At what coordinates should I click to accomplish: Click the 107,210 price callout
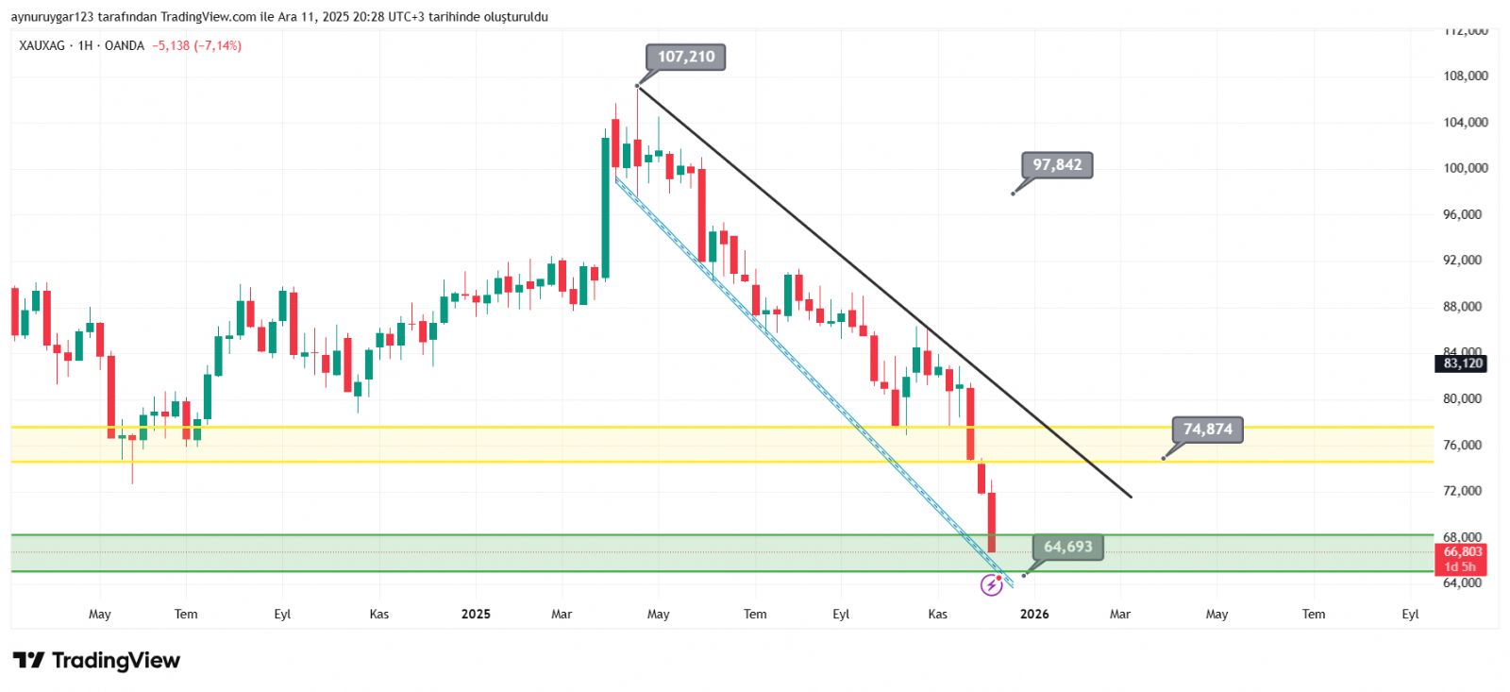coord(686,57)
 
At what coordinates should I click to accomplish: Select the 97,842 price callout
coord(1057,165)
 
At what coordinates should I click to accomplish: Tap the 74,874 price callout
coord(1208,430)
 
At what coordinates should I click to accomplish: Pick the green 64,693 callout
coord(1067,547)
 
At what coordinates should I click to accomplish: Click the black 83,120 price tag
coord(1462,363)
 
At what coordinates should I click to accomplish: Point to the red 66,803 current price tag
coord(1462,552)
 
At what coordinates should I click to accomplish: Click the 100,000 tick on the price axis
coord(1465,168)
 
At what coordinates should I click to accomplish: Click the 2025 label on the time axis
coord(476,615)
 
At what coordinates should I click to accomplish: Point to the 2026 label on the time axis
coord(1034,615)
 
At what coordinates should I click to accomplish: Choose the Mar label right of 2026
coord(1120,615)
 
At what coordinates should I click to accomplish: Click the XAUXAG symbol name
coord(42,45)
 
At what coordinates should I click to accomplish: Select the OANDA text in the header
coord(125,45)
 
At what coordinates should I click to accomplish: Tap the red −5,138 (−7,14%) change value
coord(197,45)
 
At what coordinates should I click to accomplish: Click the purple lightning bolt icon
coord(991,586)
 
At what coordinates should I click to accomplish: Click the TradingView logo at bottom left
coord(96,660)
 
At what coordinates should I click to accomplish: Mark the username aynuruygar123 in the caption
coord(52,17)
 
